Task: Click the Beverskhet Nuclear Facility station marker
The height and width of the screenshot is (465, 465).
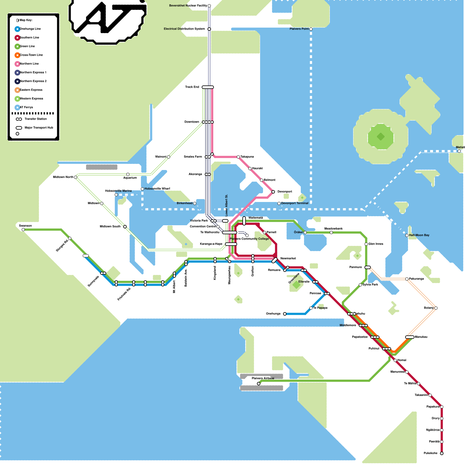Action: [x=209, y=6]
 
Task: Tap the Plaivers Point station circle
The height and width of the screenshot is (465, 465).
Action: [x=311, y=29]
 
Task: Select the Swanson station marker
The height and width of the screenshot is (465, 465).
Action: [x=23, y=230]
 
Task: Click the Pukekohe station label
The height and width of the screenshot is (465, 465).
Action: [x=430, y=453]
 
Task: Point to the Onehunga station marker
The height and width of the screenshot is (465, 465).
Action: [x=285, y=314]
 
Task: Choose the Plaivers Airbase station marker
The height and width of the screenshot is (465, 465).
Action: [x=259, y=384]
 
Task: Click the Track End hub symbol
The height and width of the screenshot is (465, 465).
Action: [x=208, y=87]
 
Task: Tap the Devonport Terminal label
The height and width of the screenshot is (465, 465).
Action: [x=295, y=203]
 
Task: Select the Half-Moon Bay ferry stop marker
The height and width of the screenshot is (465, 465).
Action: [x=407, y=235]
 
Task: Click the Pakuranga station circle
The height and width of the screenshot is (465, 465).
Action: [x=407, y=279]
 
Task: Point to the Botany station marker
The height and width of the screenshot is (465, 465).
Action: [x=436, y=308]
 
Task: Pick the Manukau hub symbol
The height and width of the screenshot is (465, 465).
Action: [x=410, y=337]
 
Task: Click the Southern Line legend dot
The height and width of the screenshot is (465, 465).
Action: [x=17, y=38]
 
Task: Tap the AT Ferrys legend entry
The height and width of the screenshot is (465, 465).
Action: [x=26, y=108]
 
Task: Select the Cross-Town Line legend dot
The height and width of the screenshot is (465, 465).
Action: [x=17, y=55]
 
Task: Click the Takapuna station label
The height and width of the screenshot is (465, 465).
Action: [x=247, y=157]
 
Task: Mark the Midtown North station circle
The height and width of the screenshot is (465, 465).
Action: [x=76, y=177]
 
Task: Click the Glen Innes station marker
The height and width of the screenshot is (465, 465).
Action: [x=366, y=244]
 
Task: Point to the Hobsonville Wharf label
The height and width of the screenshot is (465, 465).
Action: [x=157, y=189]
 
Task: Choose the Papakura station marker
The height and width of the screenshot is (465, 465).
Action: [x=442, y=407]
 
